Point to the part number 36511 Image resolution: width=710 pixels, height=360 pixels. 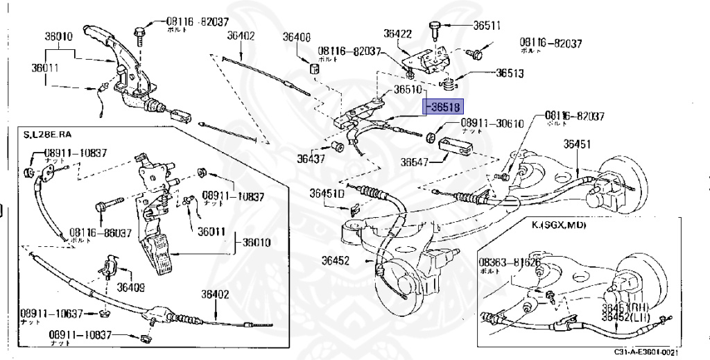[x=487, y=26]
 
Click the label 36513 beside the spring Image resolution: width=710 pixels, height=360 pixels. [x=509, y=73]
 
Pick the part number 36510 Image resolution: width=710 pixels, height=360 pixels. [x=408, y=89]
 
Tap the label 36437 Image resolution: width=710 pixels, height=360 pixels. [x=311, y=158]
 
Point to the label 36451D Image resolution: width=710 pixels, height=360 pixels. [x=327, y=194]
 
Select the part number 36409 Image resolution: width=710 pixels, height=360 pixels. [x=130, y=286]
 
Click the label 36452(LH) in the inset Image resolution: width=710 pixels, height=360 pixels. [x=625, y=317]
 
